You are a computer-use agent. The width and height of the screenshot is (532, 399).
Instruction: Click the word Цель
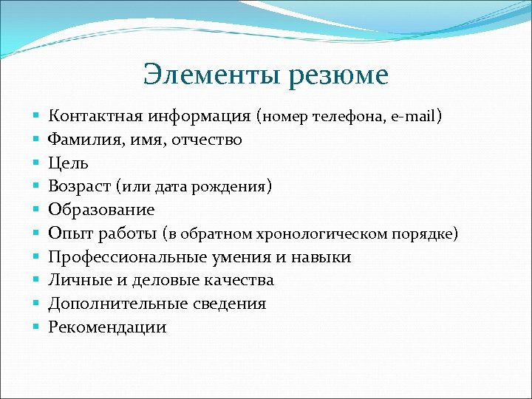(68, 163)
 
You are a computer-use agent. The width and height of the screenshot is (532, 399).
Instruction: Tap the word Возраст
(79, 186)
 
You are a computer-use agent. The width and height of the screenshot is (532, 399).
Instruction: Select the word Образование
(101, 210)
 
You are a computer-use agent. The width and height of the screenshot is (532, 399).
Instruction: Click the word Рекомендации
(107, 327)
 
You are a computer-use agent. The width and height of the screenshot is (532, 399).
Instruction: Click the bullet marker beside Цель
(35, 163)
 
